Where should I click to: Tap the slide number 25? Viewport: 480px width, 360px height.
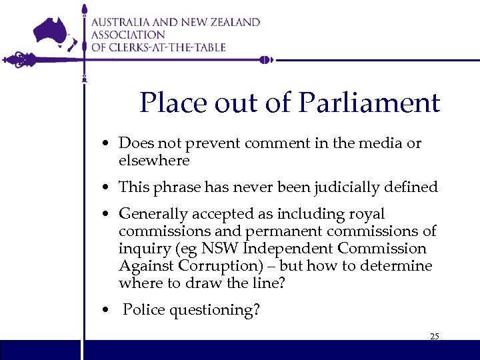pos(434,336)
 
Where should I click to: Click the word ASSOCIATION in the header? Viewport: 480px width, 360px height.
pos(128,35)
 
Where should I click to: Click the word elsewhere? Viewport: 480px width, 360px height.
pos(154,161)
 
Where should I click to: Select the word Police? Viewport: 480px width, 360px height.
pos(143,310)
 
